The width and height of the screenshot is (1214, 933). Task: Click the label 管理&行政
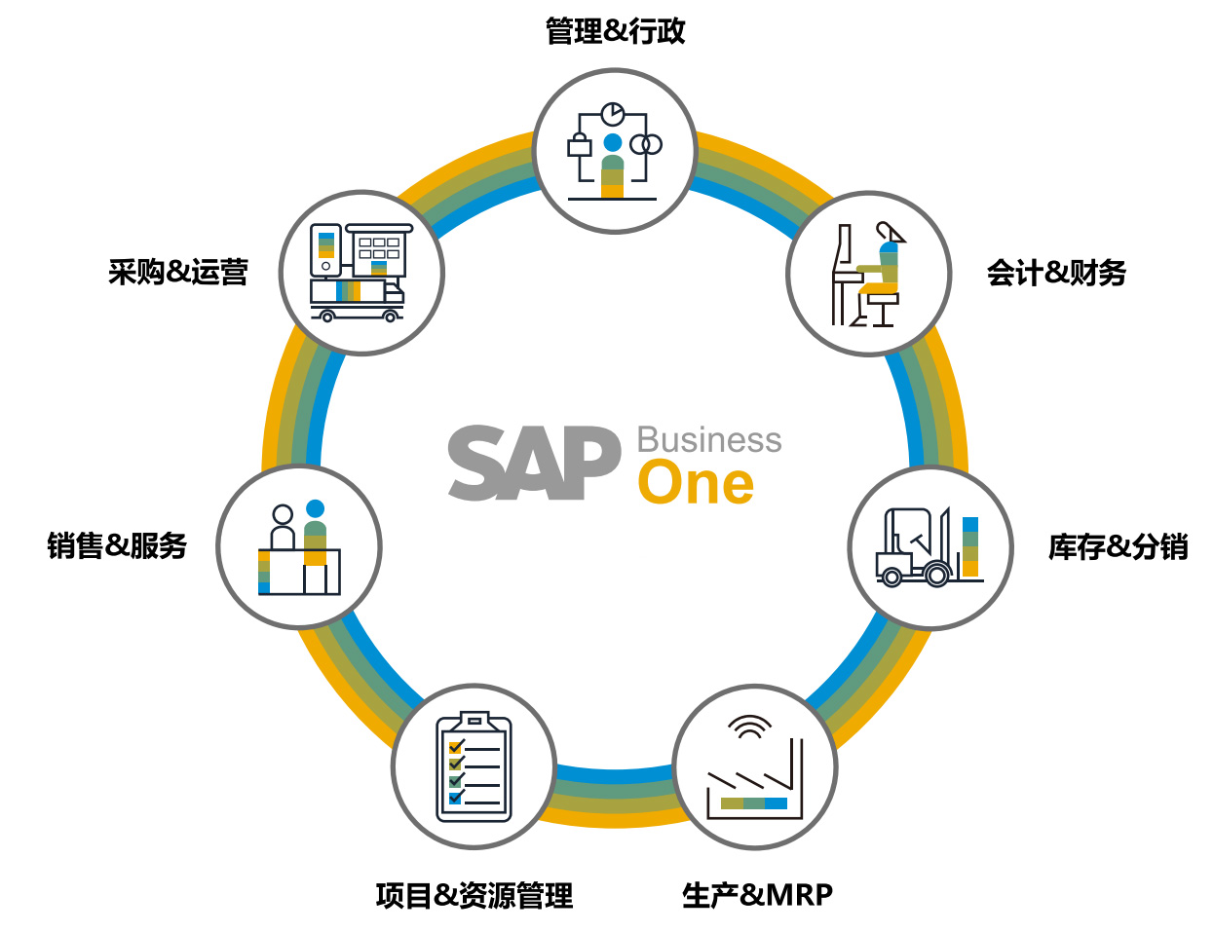tap(615, 31)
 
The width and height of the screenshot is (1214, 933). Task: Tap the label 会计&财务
tap(1056, 273)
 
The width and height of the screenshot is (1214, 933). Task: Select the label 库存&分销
tap(1118, 546)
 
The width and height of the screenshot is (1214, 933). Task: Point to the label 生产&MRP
tap(757, 894)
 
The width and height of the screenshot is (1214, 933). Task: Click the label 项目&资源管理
tap(474, 895)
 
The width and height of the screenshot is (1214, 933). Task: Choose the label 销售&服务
tap(117, 545)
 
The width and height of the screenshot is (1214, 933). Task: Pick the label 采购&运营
tap(178, 272)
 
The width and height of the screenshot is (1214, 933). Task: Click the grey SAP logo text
tap(534, 464)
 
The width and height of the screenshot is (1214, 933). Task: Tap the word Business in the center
tap(708, 440)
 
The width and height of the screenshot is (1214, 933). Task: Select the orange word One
tap(696, 483)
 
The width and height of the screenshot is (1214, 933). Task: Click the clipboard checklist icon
tap(474, 767)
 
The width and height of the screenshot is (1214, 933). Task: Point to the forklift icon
tap(914, 549)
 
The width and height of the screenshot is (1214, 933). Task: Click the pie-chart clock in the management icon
tap(612, 114)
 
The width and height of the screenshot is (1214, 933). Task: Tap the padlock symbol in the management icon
tap(580, 147)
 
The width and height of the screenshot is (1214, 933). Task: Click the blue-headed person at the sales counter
tap(315, 536)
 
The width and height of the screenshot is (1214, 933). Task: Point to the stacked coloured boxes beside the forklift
tap(970, 545)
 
